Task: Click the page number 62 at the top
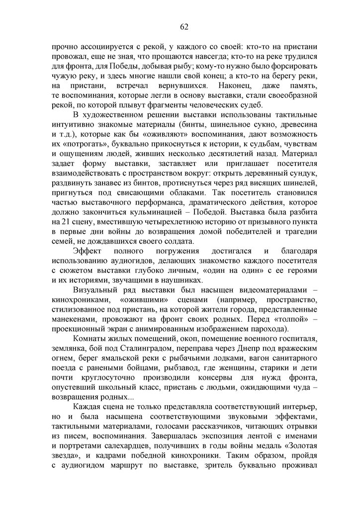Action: [x=183, y=26]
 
